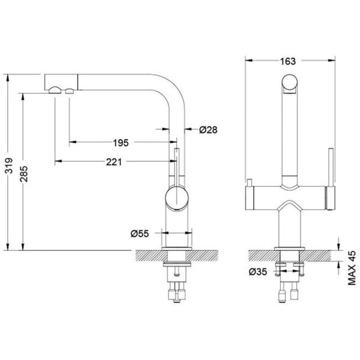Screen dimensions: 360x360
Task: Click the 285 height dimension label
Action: coord(24,174)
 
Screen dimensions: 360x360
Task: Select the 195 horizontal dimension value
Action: coord(121,143)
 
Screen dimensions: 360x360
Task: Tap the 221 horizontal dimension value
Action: coord(114,162)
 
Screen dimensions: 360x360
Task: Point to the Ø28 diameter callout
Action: coord(208,130)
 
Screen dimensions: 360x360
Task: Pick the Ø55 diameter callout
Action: coord(140,234)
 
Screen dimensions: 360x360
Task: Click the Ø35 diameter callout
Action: coord(258,272)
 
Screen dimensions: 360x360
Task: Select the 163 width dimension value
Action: coord(287,61)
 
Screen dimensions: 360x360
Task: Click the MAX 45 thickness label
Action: coord(352,268)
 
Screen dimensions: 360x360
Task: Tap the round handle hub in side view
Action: coord(177,198)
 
